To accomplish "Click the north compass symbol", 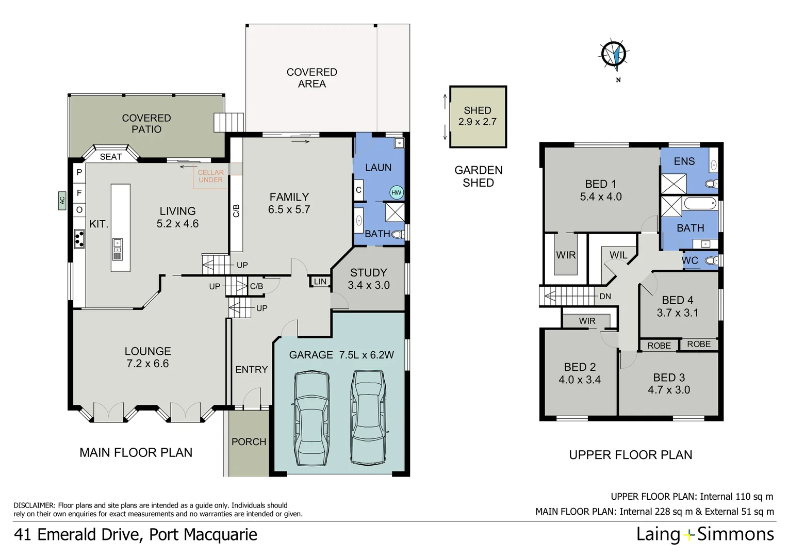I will (614, 54).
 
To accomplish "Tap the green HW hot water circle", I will (396, 193).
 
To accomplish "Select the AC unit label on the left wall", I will (62, 199).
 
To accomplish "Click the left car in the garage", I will (311, 417).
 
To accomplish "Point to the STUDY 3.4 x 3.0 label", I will (368, 279).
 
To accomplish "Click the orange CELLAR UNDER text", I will (211, 176).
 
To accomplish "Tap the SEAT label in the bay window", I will (111, 157).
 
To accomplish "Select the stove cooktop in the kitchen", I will (79, 238).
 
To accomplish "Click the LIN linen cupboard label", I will (320, 282).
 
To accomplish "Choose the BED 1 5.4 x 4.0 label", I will (600, 190).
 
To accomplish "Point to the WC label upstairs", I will (690, 261).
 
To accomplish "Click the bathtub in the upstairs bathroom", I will (700, 204).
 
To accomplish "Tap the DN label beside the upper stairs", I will (605, 297).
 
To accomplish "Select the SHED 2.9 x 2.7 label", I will (477, 116).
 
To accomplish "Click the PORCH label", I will (249, 442).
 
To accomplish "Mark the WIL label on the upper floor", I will (618, 255).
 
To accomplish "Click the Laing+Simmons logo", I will (704, 534).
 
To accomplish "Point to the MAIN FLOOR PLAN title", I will (136, 453).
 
